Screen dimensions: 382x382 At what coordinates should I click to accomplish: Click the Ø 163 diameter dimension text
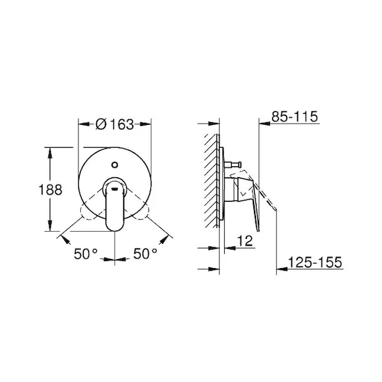[x=115, y=124]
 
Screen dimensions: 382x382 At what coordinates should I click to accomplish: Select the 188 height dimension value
[x=50, y=190]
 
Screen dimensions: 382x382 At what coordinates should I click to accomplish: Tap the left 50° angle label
[x=85, y=253]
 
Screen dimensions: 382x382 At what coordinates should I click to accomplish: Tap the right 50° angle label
[x=145, y=253]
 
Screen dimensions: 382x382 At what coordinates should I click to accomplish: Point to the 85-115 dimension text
[x=295, y=117]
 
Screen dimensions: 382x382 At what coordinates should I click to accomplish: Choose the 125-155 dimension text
[x=315, y=262]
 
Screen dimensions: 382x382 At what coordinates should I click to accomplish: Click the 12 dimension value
[x=245, y=241]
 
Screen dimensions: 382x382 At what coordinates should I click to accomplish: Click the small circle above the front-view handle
[x=115, y=165]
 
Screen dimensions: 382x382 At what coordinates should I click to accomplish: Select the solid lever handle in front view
[x=115, y=204]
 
